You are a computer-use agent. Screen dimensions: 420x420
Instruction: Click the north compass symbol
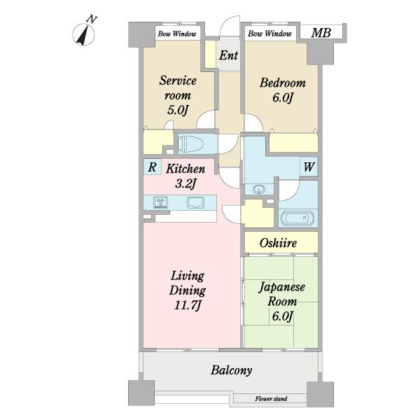83,34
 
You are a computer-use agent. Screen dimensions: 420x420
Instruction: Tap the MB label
321,33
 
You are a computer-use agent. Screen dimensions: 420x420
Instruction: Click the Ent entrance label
228,55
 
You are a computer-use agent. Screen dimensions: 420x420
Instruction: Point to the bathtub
297,218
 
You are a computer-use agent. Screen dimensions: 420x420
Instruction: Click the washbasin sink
258,189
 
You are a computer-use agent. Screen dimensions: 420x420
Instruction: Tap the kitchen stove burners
161,202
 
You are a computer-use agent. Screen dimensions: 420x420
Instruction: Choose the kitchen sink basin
195,202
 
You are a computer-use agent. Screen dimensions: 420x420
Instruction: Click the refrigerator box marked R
152,167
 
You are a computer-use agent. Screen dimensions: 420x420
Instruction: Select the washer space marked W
309,167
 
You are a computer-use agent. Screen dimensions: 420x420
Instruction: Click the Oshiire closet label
278,243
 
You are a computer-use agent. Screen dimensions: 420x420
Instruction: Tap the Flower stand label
271,399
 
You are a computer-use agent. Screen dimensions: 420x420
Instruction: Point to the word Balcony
231,370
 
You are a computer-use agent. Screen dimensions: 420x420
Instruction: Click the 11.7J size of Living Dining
187,305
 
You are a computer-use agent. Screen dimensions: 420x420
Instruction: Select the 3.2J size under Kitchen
185,183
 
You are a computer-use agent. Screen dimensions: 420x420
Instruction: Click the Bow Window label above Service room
177,34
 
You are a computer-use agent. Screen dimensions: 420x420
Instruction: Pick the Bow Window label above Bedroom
269,34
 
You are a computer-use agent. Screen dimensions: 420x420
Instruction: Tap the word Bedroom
282,83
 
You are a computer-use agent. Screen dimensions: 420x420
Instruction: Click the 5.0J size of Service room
177,110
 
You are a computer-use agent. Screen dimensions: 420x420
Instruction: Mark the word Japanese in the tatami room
281,288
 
